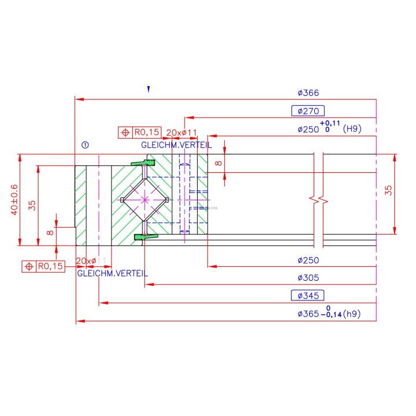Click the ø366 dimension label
click(308, 92)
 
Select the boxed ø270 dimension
click(308, 111)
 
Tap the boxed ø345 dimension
click(308, 296)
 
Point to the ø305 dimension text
click(308, 278)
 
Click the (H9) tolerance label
click(352, 129)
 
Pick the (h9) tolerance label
click(351, 314)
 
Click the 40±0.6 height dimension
click(15, 200)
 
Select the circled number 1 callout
click(85, 145)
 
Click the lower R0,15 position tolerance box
click(43, 266)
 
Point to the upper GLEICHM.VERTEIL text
click(176, 144)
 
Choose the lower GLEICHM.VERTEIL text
click(112, 273)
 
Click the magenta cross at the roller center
click(144, 199)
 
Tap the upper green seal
click(143, 164)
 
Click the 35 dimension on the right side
click(389, 190)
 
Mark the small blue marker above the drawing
click(148, 90)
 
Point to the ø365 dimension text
click(308, 314)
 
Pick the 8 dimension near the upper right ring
click(218, 163)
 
